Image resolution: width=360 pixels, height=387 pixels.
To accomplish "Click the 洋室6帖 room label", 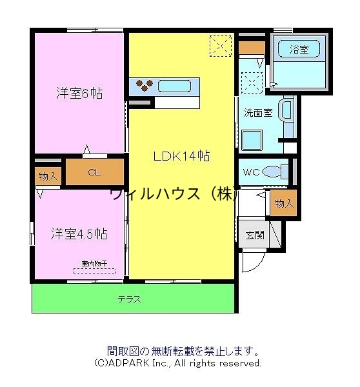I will pos(79,92).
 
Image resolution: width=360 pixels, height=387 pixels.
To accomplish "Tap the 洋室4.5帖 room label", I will pos(79,233).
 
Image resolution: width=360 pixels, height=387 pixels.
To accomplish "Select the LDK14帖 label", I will pos(181,155).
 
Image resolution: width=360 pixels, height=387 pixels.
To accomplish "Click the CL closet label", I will pos(94,172).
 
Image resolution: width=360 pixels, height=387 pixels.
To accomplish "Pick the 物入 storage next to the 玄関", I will pos(284,203).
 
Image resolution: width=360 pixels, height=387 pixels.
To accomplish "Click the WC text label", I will pos(251,172).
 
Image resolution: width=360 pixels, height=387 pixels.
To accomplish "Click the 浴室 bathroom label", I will pos(299,48).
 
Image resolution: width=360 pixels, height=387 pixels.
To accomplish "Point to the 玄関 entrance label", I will pos(255,235).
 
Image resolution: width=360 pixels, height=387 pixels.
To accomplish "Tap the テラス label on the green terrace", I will pos(129,299).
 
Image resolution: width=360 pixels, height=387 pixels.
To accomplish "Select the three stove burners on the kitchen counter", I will pos(143,86).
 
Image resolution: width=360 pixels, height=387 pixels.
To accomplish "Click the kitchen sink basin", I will pos(173,86).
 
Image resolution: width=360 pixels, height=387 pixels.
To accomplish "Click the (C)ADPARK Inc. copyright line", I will pos(177,363).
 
